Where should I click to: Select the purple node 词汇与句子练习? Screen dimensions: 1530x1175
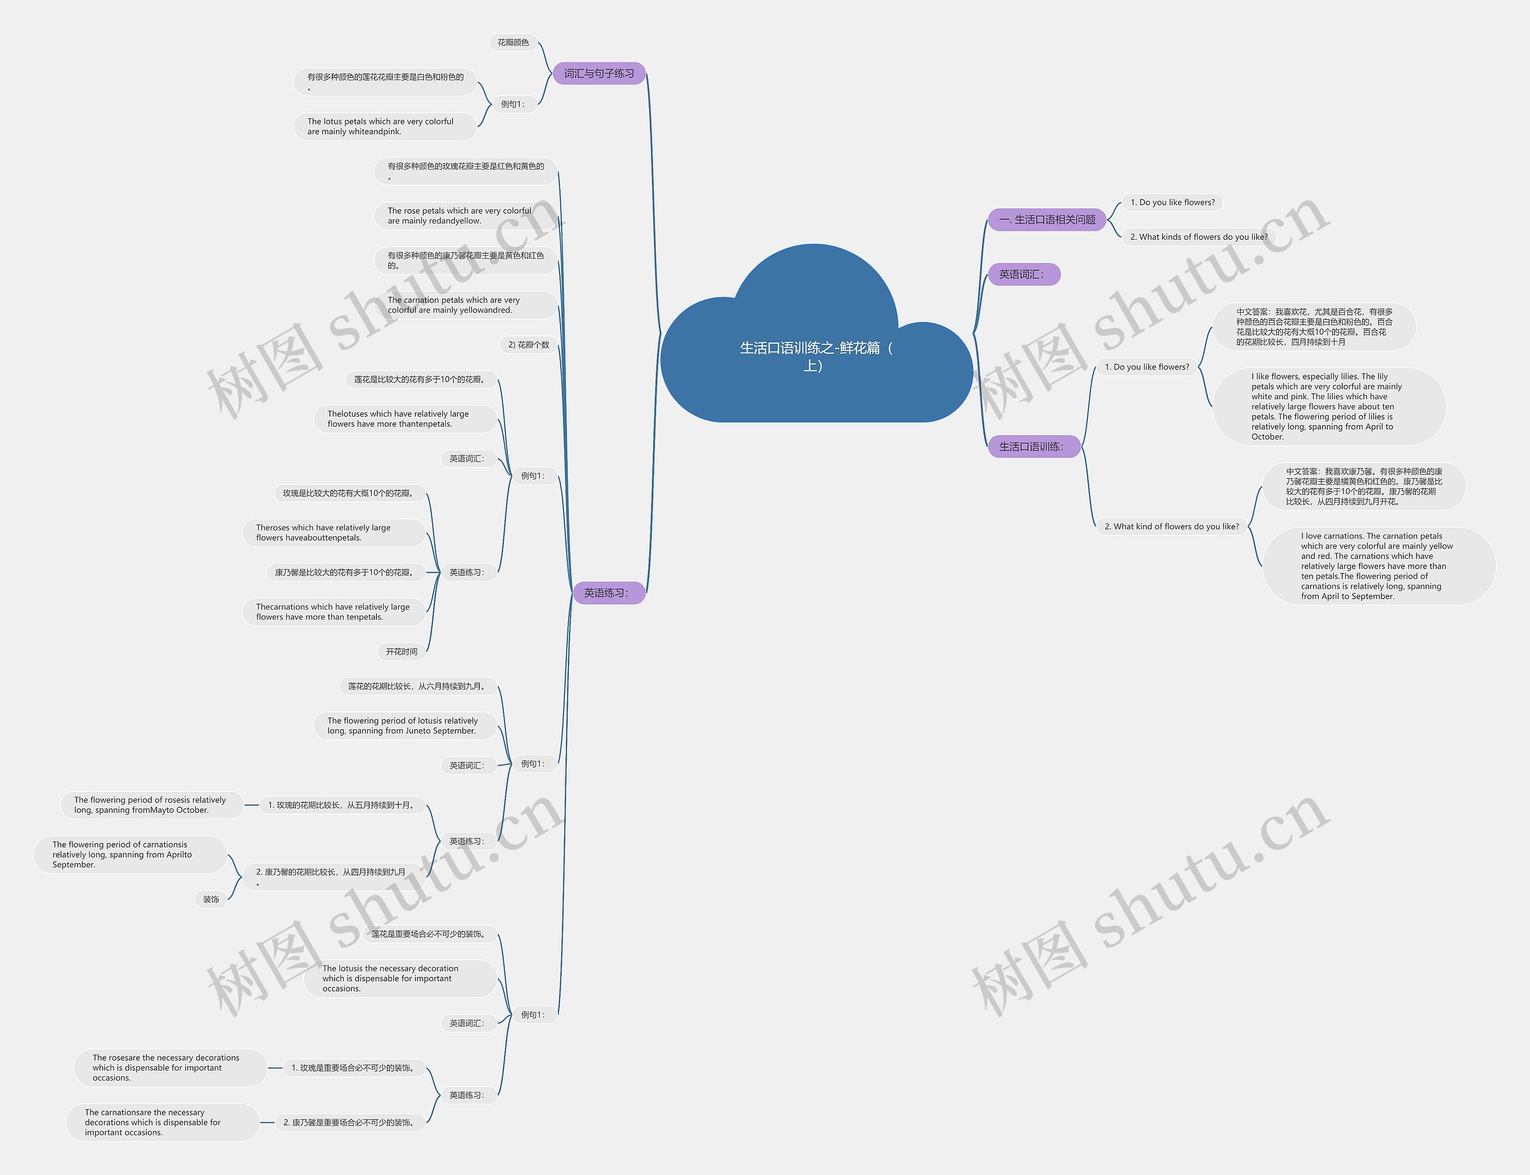pos(599,74)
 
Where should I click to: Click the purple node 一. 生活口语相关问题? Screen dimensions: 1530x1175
pos(1047,219)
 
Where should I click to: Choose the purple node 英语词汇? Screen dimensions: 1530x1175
pos(1023,274)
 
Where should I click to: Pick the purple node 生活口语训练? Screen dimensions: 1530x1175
pos(1033,446)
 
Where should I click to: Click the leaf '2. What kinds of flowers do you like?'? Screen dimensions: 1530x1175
pos(1198,237)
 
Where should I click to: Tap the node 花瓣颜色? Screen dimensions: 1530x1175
pos(513,42)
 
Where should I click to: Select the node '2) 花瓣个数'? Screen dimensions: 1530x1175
pos(529,345)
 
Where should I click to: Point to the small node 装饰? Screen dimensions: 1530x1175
pos(210,899)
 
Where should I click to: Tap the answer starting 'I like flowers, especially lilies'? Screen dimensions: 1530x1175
pos(1328,406)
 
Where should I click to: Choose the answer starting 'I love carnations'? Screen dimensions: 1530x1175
pos(1377,566)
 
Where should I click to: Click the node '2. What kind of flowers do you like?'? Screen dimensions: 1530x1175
pos(1171,527)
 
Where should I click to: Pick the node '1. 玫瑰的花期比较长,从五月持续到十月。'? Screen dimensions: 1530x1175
pos(342,805)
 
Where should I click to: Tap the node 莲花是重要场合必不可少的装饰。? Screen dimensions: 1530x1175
pos(429,934)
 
